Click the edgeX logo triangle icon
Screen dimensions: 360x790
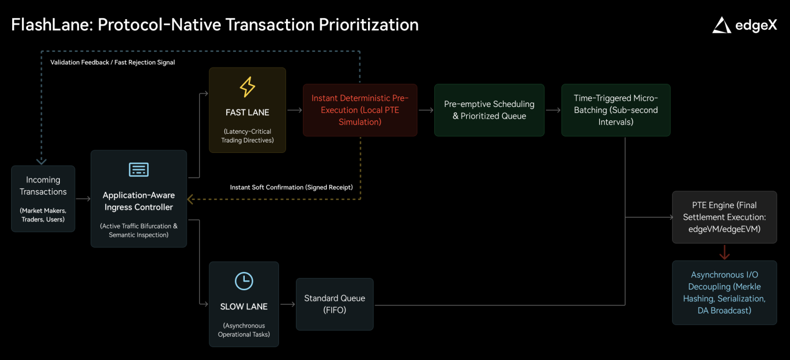click(x=721, y=25)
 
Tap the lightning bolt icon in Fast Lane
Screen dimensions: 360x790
click(x=247, y=87)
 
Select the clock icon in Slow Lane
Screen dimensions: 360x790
click(x=244, y=281)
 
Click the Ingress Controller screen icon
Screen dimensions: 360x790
click(x=138, y=170)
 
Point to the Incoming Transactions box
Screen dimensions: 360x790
click(x=43, y=198)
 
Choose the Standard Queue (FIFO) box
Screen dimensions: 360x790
click(x=334, y=304)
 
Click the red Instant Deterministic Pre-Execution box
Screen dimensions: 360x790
click(x=360, y=110)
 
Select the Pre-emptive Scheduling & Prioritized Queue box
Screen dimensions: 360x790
click(x=489, y=110)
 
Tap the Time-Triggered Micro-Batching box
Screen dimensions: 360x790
click(x=616, y=110)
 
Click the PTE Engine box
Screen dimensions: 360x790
click(x=724, y=217)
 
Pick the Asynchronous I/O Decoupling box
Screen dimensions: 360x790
click(x=724, y=293)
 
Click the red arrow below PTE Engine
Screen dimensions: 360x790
click(x=724, y=252)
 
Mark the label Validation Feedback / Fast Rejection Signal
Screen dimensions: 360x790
click(x=112, y=62)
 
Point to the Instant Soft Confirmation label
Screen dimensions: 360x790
click(x=291, y=187)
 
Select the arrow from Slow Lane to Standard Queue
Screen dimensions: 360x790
click(x=287, y=304)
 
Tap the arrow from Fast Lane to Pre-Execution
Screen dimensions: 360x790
click(x=294, y=110)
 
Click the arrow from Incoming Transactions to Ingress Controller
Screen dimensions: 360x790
click(x=83, y=199)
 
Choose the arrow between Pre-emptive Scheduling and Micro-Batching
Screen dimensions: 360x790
click(x=553, y=110)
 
